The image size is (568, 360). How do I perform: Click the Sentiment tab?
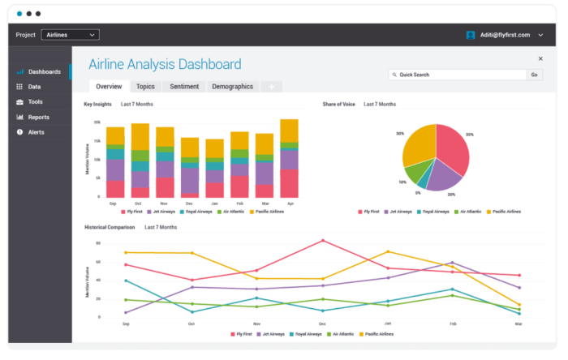tap(184, 86)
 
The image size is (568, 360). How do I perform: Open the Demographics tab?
tap(232, 86)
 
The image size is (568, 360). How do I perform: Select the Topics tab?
tap(145, 86)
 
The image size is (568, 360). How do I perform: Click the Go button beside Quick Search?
tap(534, 75)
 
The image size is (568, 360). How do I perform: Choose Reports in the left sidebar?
tap(38, 117)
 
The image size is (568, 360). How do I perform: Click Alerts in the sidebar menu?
tap(37, 132)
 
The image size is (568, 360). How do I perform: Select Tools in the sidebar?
tap(35, 101)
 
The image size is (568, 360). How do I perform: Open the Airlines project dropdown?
tap(70, 35)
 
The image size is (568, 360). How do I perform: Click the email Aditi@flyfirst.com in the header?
tap(504, 35)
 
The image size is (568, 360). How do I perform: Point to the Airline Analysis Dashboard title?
tap(164, 64)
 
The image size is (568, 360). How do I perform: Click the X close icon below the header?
tap(540, 58)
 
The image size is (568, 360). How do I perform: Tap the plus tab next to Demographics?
tap(271, 87)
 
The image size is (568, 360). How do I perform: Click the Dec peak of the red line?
tap(323, 240)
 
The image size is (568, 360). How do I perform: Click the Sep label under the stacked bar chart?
tap(113, 203)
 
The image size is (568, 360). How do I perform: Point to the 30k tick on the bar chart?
tap(97, 122)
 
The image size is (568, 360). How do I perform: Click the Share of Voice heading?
tap(338, 105)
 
